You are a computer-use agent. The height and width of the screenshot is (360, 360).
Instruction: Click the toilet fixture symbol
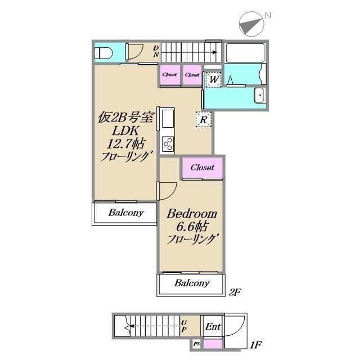click(x=103, y=53)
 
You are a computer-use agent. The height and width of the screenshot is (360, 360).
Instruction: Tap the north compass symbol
click(x=252, y=24)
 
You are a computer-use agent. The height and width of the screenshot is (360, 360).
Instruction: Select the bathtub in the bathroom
click(x=245, y=52)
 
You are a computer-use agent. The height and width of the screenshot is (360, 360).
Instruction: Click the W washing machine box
click(x=214, y=80)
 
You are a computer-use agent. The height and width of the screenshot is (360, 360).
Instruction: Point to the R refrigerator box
click(x=204, y=119)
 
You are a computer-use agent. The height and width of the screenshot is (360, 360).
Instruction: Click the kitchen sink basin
click(x=168, y=119)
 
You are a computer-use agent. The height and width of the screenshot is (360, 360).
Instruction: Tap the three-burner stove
click(x=168, y=144)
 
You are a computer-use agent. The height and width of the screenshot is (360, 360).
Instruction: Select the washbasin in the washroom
click(x=259, y=95)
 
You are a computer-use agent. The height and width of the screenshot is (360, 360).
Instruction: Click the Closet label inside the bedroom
click(x=202, y=168)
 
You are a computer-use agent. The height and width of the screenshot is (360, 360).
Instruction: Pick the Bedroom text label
click(x=192, y=214)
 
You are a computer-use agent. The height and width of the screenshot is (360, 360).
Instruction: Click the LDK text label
click(x=125, y=130)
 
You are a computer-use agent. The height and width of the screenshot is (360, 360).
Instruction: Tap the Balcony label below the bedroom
click(x=192, y=283)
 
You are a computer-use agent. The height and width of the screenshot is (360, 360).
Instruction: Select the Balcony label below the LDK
click(x=126, y=213)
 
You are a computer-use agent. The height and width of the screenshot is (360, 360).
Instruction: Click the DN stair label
click(x=156, y=51)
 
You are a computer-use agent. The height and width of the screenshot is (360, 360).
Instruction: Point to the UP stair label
click(x=184, y=326)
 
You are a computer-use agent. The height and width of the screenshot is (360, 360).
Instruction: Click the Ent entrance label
click(x=213, y=326)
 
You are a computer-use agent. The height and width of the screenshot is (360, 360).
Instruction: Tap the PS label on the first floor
click(x=196, y=344)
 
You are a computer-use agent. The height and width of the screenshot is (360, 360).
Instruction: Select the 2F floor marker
click(x=235, y=292)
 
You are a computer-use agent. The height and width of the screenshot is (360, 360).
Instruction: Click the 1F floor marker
click(x=255, y=345)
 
